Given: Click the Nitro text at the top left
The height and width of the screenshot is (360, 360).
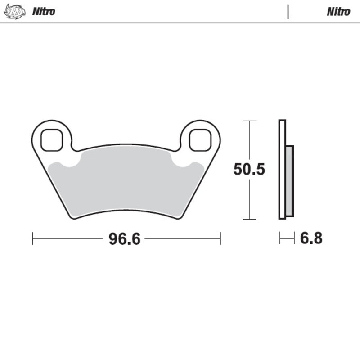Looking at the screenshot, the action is click(x=44, y=11).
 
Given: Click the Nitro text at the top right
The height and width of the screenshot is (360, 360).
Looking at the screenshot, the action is click(x=338, y=12).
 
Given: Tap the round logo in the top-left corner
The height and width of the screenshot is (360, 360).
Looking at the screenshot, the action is click(x=15, y=12).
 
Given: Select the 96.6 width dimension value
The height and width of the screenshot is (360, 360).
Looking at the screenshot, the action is click(x=125, y=239).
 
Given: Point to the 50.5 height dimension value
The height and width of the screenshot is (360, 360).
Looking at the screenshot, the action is click(x=249, y=169).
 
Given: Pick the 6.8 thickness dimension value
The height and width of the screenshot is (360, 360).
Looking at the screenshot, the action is click(x=311, y=238).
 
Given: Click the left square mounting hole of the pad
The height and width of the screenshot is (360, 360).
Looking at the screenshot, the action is click(x=52, y=140).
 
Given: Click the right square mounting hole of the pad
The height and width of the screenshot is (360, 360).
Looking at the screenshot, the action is click(x=200, y=140).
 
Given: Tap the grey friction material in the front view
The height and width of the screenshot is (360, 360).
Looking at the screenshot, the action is click(x=126, y=181).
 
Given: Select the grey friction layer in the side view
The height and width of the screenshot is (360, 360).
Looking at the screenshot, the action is click(x=289, y=181).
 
